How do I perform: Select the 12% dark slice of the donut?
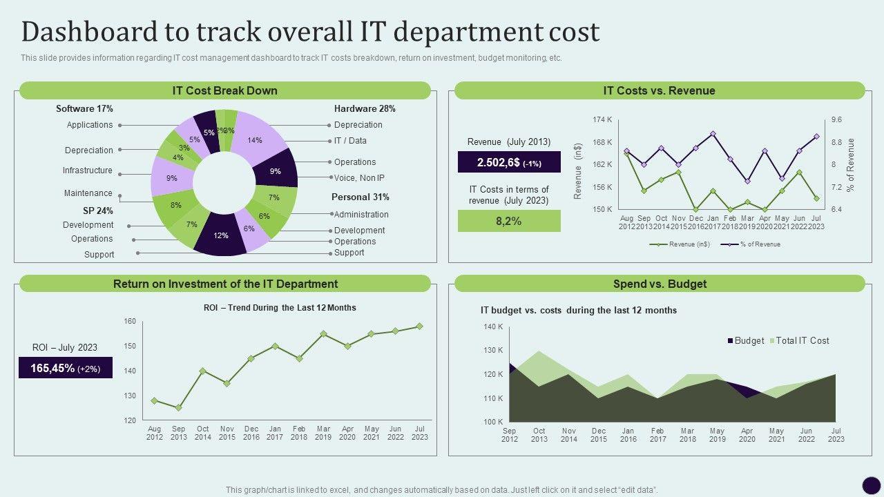[221, 237]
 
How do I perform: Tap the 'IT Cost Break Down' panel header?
[225, 90]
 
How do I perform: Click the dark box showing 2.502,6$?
[509, 162]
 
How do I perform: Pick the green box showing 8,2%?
[509, 222]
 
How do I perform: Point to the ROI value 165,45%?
[66, 369]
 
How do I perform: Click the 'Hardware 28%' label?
[365, 108]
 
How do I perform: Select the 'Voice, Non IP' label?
[359, 177]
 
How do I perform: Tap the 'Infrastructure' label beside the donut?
[88, 170]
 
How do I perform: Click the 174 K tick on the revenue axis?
[602, 120]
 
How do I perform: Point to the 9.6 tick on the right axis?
[836, 120]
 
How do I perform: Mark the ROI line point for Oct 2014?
[202, 371]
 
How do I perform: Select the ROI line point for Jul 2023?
[419, 327]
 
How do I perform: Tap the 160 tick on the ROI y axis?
[130, 321]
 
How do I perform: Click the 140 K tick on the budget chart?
[492, 327]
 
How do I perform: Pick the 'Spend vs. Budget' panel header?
[660, 284]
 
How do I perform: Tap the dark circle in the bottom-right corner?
[872, 485]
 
